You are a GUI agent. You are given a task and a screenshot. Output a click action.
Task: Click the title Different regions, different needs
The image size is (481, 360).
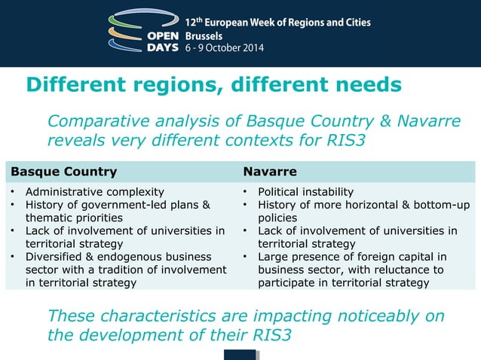click(x=213, y=84)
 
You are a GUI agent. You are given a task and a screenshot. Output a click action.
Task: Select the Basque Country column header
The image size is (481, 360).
click(x=63, y=171)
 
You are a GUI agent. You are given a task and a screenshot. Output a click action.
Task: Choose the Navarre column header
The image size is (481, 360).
click(x=269, y=171)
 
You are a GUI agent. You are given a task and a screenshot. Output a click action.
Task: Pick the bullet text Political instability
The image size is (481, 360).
click(x=305, y=192)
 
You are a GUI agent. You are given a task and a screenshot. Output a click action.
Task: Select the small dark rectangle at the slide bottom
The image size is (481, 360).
click(x=240, y=355)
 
